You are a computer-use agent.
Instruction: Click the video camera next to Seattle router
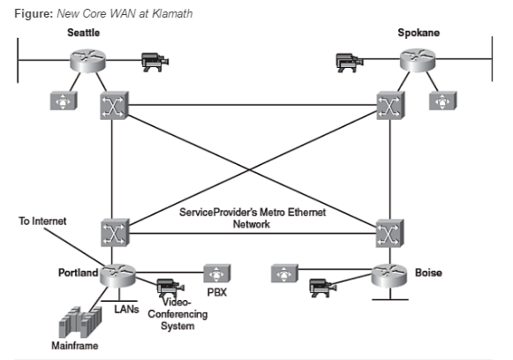155,62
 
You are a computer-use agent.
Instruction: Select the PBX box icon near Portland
216,273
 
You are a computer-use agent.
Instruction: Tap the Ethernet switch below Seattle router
114,107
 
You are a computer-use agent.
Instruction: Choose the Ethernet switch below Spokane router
389,107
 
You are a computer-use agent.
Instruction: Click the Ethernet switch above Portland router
115,231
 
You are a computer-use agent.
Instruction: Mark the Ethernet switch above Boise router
389,231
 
